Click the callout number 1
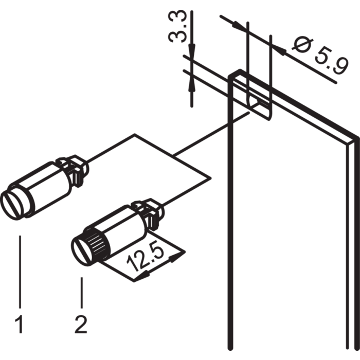[20, 325]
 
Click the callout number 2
[81, 325]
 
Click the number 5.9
[328, 63]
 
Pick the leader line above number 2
[81, 293]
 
